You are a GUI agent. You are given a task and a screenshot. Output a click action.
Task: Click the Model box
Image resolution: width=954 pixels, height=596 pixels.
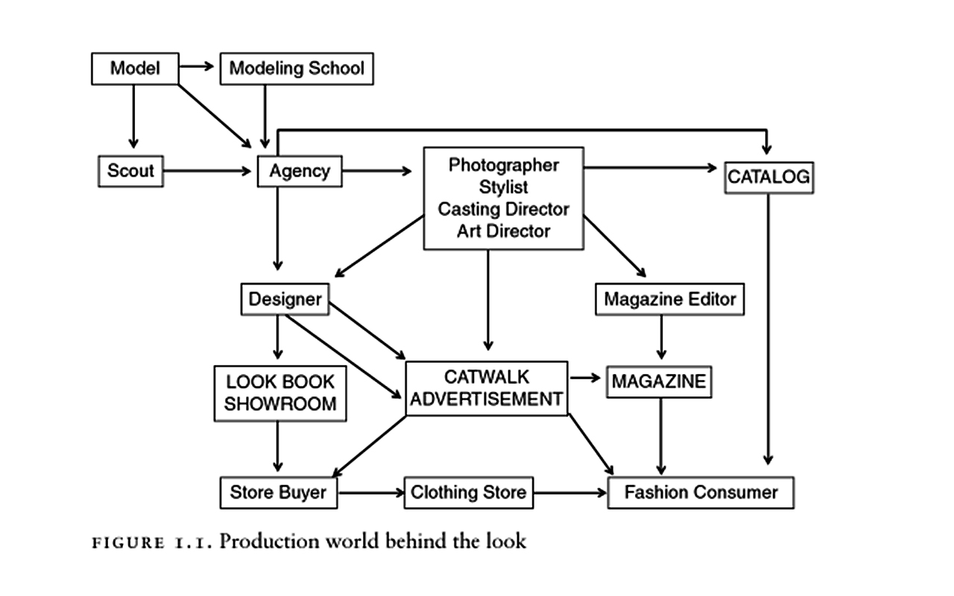(135, 69)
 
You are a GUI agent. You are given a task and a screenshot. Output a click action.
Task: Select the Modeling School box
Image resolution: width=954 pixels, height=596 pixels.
(297, 69)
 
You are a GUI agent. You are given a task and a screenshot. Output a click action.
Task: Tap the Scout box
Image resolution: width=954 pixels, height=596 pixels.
(130, 171)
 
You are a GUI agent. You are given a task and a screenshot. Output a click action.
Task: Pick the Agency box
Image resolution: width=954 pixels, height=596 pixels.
(299, 171)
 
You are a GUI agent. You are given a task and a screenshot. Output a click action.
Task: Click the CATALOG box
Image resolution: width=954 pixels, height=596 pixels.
(768, 177)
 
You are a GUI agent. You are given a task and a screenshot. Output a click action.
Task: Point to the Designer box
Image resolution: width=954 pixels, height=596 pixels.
(285, 299)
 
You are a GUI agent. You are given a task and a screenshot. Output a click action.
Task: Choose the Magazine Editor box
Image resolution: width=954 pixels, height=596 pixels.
(669, 299)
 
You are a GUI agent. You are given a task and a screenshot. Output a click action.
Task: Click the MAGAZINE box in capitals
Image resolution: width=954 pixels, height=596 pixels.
(659, 381)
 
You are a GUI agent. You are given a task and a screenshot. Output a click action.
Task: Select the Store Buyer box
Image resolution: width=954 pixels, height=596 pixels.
(278, 492)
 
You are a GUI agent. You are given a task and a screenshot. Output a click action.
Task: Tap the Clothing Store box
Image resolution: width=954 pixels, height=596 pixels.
(468, 492)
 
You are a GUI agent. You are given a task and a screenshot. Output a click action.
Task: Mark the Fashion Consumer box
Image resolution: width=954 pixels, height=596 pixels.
(701, 492)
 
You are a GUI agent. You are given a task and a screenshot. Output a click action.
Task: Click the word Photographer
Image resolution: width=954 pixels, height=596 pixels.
(503, 165)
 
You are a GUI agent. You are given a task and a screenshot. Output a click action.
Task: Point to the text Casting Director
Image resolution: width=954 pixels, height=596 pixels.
(503, 209)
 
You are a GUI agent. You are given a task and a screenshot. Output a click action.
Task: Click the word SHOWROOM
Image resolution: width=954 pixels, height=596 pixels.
(280, 405)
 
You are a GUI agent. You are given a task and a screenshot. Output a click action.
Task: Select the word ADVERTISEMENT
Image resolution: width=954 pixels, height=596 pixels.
(486, 399)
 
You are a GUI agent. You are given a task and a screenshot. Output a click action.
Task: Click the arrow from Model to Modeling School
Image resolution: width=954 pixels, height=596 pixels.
(198, 67)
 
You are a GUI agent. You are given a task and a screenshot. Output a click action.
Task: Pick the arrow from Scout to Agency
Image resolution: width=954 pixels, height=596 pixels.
(209, 171)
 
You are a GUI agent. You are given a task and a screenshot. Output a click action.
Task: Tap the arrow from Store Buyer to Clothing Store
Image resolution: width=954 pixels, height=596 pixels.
(370, 492)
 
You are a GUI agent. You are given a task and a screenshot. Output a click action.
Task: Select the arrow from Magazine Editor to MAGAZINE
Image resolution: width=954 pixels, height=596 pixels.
(661, 338)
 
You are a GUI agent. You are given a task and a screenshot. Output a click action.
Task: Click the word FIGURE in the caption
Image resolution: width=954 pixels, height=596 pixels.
(127, 542)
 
